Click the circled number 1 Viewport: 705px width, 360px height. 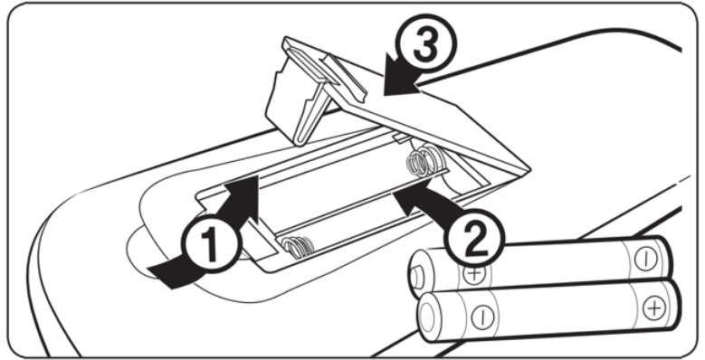pyautogui.click(x=211, y=246)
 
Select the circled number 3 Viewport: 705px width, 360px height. pyautogui.click(x=425, y=44)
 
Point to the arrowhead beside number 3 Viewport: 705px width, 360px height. pyautogui.click(x=399, y=80)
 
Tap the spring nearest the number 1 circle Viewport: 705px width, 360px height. pyautogui.click(x=298, y=247)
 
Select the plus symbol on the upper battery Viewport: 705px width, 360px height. pyautogui.click(x=473, y=274)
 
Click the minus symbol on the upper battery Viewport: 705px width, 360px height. pyautogui.click(x=645, y=259)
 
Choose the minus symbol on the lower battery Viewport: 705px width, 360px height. pyautogui.click(x=482, y=317)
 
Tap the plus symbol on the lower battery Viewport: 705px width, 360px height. pyautogui.click(x=653, y=308)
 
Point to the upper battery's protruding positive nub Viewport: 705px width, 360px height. pyautogui.click(x=416, y=278)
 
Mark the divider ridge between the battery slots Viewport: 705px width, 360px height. pyautogui.click(x=359, y=204)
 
